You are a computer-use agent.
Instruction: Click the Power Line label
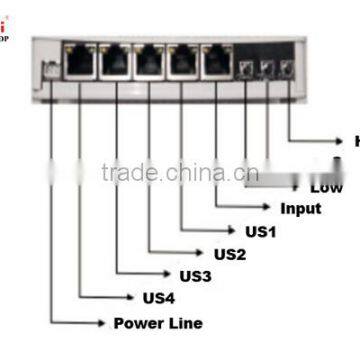click(x=157, y=322)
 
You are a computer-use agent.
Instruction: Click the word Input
click(x=299, y=208)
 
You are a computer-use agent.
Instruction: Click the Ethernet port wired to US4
click(x=81, y=63)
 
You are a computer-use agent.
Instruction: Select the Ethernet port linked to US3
click(x=117, y=63)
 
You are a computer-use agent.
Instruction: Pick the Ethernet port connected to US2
click(x=150, y=63)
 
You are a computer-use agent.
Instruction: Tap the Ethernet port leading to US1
click(x=183, y=63)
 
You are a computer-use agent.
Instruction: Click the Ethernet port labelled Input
click(x=216, y=63)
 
